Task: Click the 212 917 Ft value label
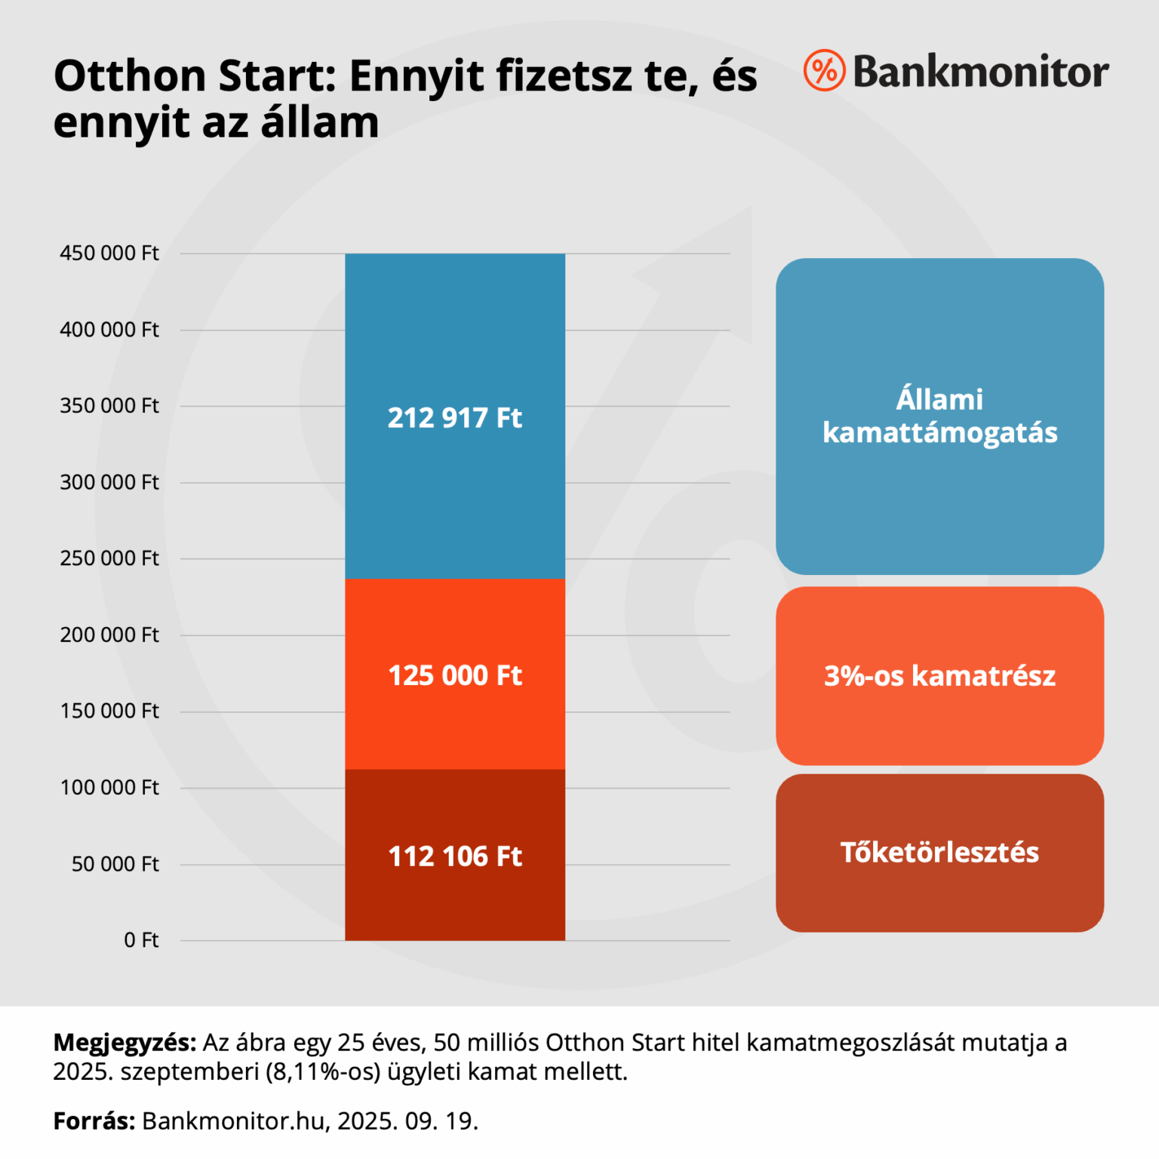(454, 417)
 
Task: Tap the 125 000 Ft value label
(454, 675)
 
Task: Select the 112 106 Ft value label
(454, 856)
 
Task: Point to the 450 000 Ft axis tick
(109, 254)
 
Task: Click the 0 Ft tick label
(141, 940)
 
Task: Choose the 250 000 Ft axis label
(109, 558)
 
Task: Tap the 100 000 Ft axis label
(109, 788)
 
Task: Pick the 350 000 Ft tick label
(109, 406)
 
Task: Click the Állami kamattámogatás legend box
(939, 417)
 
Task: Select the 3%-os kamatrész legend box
(939, 676)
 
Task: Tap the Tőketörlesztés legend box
(939, 853)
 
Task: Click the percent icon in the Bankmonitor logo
(824, 71)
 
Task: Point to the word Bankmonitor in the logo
(981, 72)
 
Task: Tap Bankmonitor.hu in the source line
(235, 1121)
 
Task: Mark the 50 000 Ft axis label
(115, 864)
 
